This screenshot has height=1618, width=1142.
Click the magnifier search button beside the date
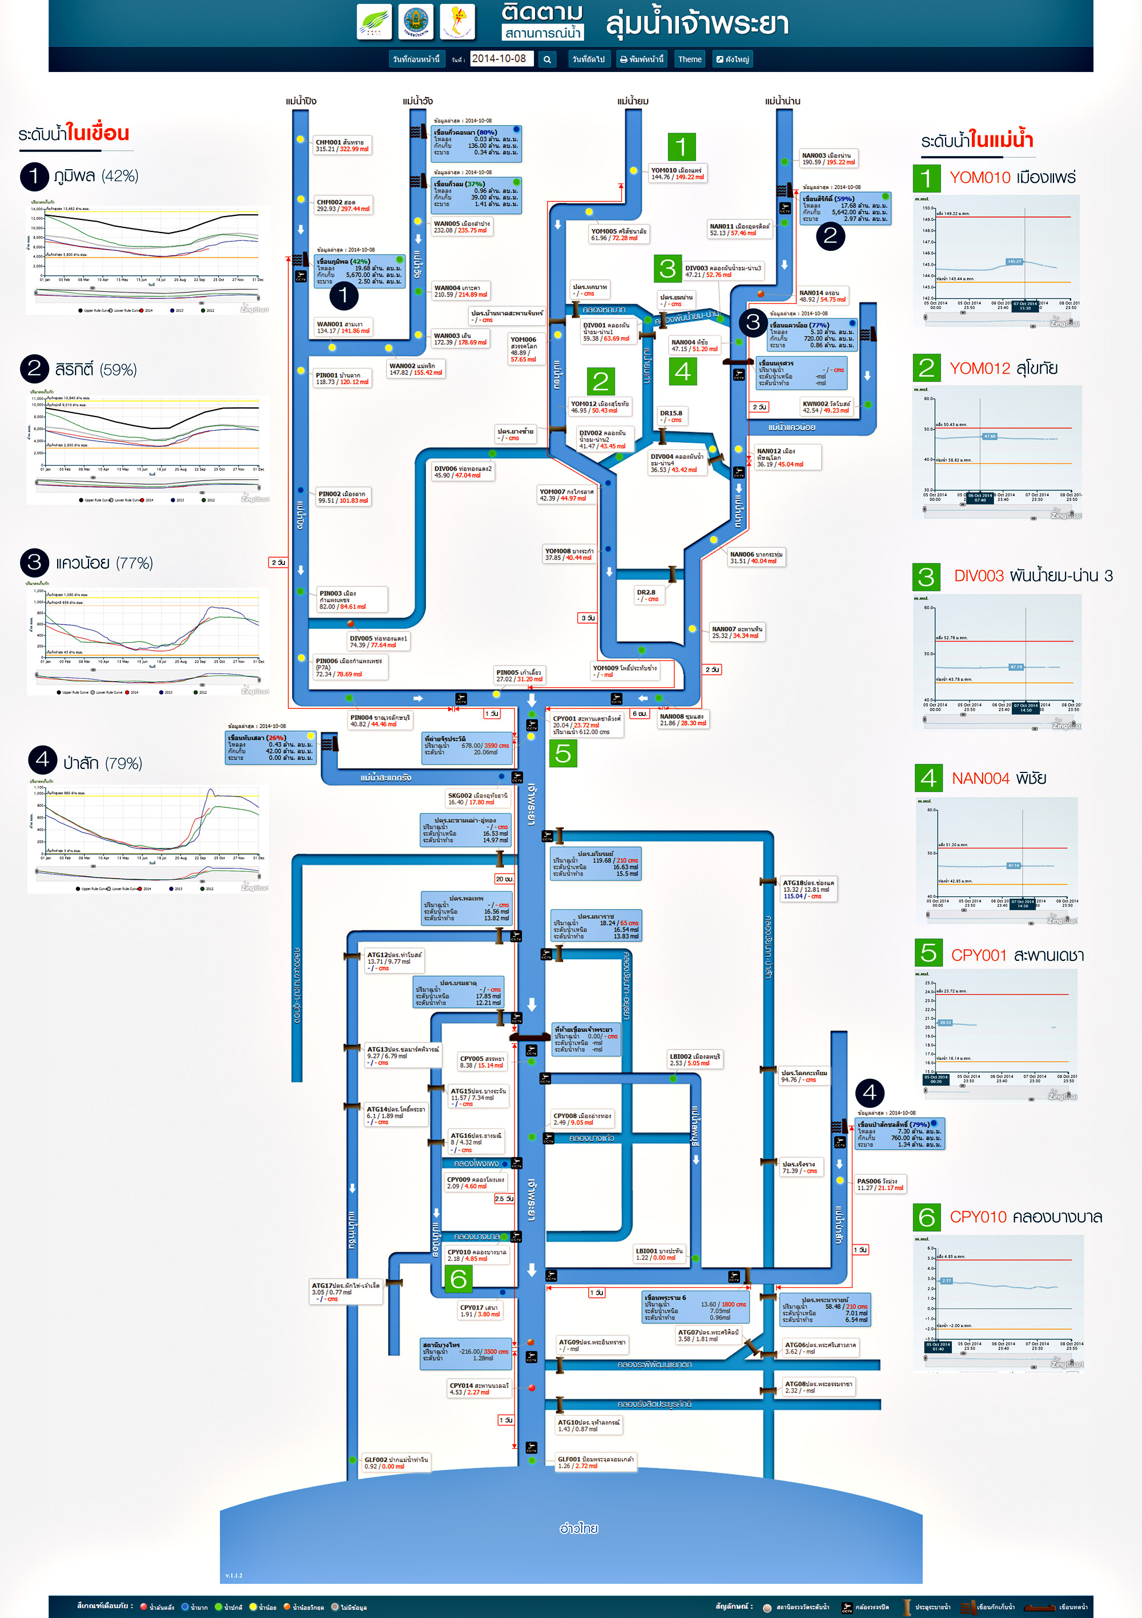click(546, 60)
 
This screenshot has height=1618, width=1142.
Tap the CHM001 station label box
click(341, 145)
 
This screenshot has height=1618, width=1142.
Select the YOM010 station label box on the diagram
click(677, 173)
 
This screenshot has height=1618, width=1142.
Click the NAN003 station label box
click(828, 159)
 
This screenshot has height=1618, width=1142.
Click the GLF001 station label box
click(596, 1462)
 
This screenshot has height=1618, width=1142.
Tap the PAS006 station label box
click(880, 1184)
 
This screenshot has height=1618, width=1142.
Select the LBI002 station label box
click(695, 1059)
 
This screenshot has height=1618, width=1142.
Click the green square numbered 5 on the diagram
click(563, 754)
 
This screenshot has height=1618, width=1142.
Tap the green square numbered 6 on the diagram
click(459, 1278)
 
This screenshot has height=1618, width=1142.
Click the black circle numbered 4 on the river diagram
click(870, 1092)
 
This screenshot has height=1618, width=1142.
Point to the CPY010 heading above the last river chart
click(978, 1217)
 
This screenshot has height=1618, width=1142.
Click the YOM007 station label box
click(566, 495)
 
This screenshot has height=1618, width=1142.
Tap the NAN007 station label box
click(736, 632)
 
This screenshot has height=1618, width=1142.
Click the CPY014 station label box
click(479, 1388)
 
